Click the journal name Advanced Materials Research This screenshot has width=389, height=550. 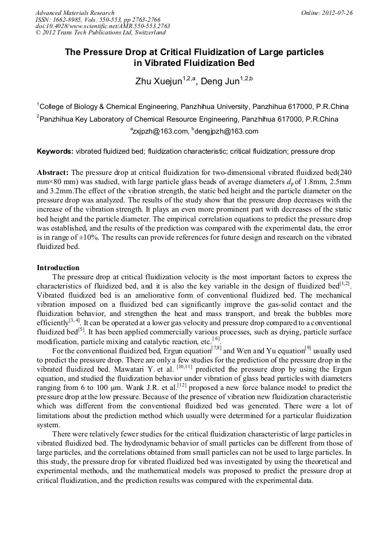[x=75, y=12]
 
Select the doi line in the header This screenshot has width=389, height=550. [x=103, y=26]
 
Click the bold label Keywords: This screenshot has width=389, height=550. [x=55, y=152]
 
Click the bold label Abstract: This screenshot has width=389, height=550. [x=53, y=172]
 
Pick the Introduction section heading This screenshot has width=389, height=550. [x=58, y=267]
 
